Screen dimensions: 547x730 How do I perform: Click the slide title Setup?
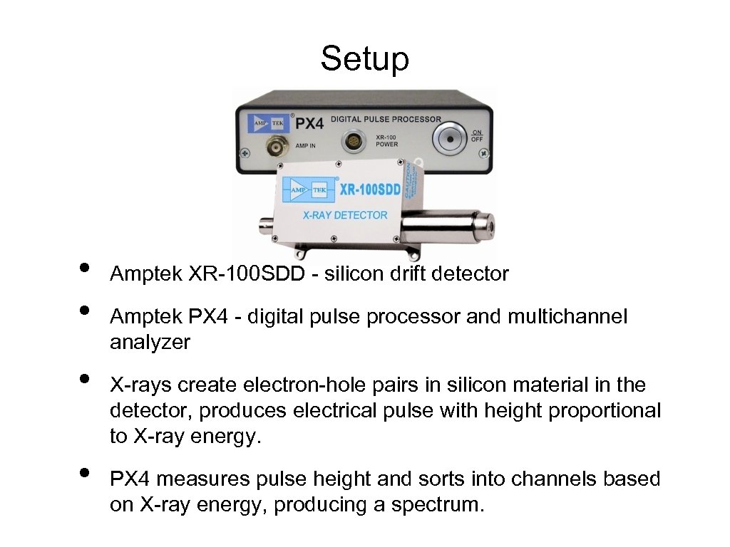364,58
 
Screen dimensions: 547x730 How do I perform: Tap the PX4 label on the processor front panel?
309,123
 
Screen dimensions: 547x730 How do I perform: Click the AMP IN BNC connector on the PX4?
275,147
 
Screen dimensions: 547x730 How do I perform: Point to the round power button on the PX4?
448,138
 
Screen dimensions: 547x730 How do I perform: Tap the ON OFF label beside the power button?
477,135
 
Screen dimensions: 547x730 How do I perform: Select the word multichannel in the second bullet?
567,317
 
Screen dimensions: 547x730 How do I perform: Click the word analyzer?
150,343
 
